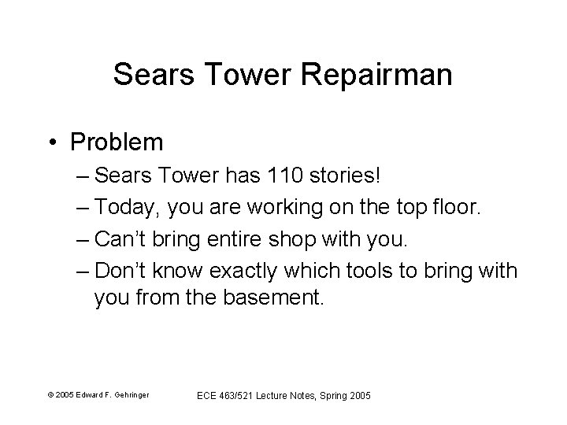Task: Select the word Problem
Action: click(116, 142)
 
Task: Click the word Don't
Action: click(120, 272)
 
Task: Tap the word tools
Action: click(372, 272)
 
